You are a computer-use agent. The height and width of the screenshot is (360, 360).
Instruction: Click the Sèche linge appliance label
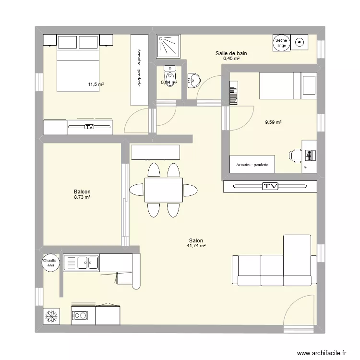pyautogui.click(x=281, y=43)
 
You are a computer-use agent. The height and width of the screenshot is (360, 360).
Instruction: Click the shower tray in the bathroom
pyautogui.click(x=168, y=46)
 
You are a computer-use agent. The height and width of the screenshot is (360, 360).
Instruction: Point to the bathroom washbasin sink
pyautogui.click(x=193, y=79)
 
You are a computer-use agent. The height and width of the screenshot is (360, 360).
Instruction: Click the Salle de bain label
pyautogui.click(x=231, y=53)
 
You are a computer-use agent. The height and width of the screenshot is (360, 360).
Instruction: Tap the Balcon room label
pyautogui.click(x=82, y=191)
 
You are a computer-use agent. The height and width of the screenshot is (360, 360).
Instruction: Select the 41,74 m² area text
pyautogui.click(x=196, y=246)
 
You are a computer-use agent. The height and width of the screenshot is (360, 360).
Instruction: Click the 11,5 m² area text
pyautogui.click(x=96, y=84)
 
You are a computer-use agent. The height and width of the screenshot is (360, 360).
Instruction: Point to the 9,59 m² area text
pyautogui.click(x=273, y=122)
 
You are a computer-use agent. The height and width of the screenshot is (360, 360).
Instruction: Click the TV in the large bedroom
pyautogui.click(x=89, y=127)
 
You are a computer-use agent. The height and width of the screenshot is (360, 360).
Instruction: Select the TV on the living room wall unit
pyautogui.click(x=270, y=186)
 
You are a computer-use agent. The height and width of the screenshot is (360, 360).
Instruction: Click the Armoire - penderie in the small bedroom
pyautogui.click(x=252, y=164)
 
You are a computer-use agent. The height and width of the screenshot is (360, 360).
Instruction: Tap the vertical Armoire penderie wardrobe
pyautogui.click(x=139, y=69)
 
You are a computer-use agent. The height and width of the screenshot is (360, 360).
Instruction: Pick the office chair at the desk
pyautogui.click(x=295, y=155)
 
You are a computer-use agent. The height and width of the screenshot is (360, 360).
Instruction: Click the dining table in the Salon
pyautogui.click(x=163, y=190)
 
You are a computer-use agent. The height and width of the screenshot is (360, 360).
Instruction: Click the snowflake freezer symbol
pyautogui.click(x=50, y=316)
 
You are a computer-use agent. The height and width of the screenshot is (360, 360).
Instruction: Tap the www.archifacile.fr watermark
pyautogui.click(x=321, y=353)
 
